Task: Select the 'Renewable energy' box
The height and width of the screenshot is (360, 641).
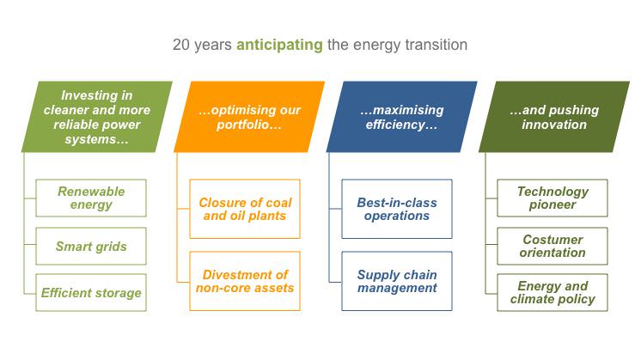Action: pyautogui.click(x=91, y=198)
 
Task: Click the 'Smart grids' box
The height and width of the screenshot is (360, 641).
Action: pyautogui.click(x=91, y=247)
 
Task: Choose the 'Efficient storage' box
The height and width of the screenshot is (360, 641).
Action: pyautogui.click(x=91, y=293)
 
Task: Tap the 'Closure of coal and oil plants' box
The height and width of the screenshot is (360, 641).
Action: pyautogui.click(x=245, y=209)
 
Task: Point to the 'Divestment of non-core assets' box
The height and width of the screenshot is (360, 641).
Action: pyautogui.click(x=245, y=280)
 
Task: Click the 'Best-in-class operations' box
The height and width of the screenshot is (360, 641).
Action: pyautogui.click(x=397, y=209)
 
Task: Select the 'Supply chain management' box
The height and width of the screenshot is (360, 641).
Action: pyautogui.click(x=397, y=280)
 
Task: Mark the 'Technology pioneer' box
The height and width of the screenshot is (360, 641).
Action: pyautogui.click(x=552, y=198)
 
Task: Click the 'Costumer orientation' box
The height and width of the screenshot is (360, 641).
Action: pyautogui.click(x=552, y=246)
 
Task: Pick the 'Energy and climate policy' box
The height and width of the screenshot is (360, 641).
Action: pyautogui.click(x=552, y=293)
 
